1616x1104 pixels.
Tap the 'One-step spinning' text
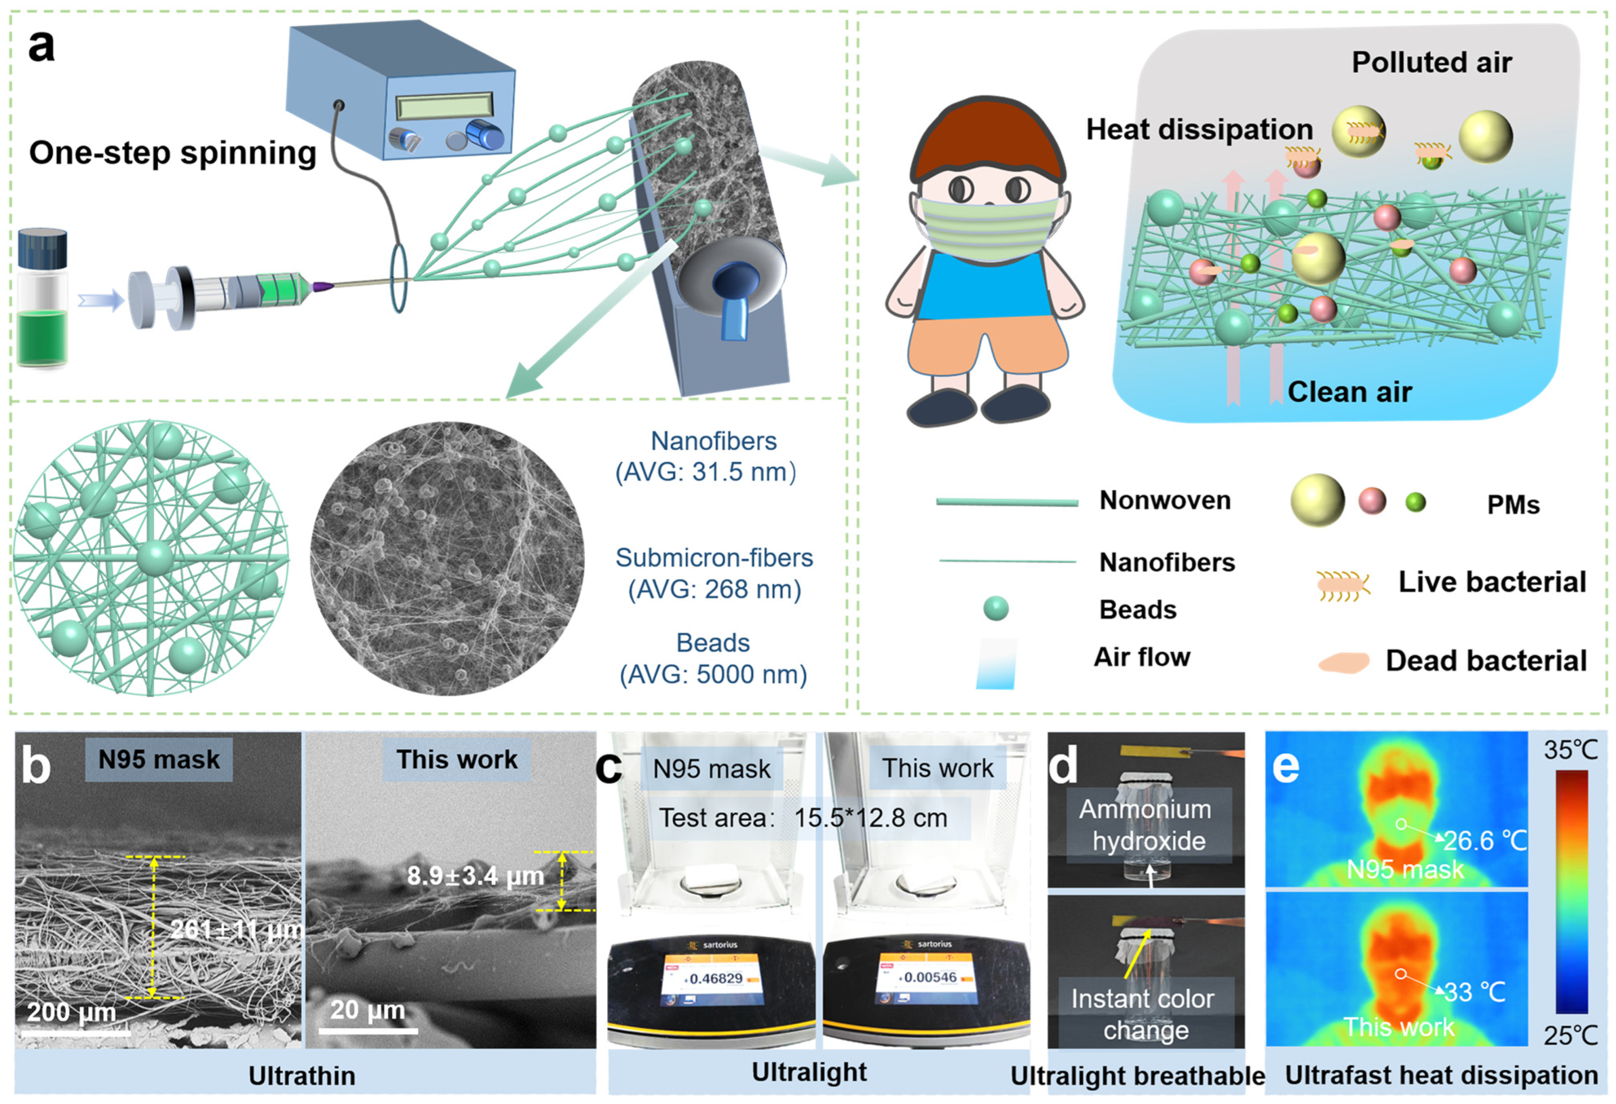click(x=172, y=152)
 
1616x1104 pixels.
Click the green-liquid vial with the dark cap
click(x=43, y=299)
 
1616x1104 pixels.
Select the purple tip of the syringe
click(x=322, y=286)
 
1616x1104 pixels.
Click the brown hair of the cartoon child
click(x=987, y=139)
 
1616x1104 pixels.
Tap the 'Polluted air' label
click(x=1431, y=62)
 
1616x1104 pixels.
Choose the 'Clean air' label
click(x=1349, y=392)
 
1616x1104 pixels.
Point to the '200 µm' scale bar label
click(x=71, y=1011)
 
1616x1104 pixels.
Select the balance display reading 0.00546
click(x=930, y=977)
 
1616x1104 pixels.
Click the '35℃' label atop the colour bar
click(x=1570, y=750)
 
